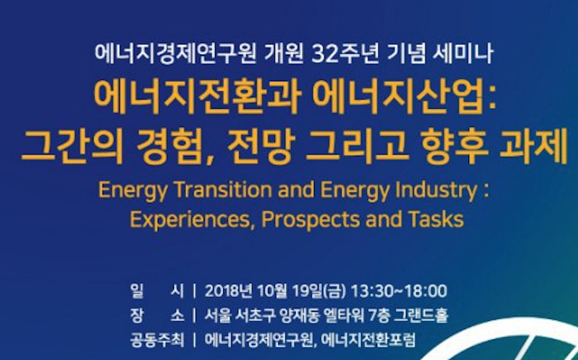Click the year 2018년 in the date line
229,291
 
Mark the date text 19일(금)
319,291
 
